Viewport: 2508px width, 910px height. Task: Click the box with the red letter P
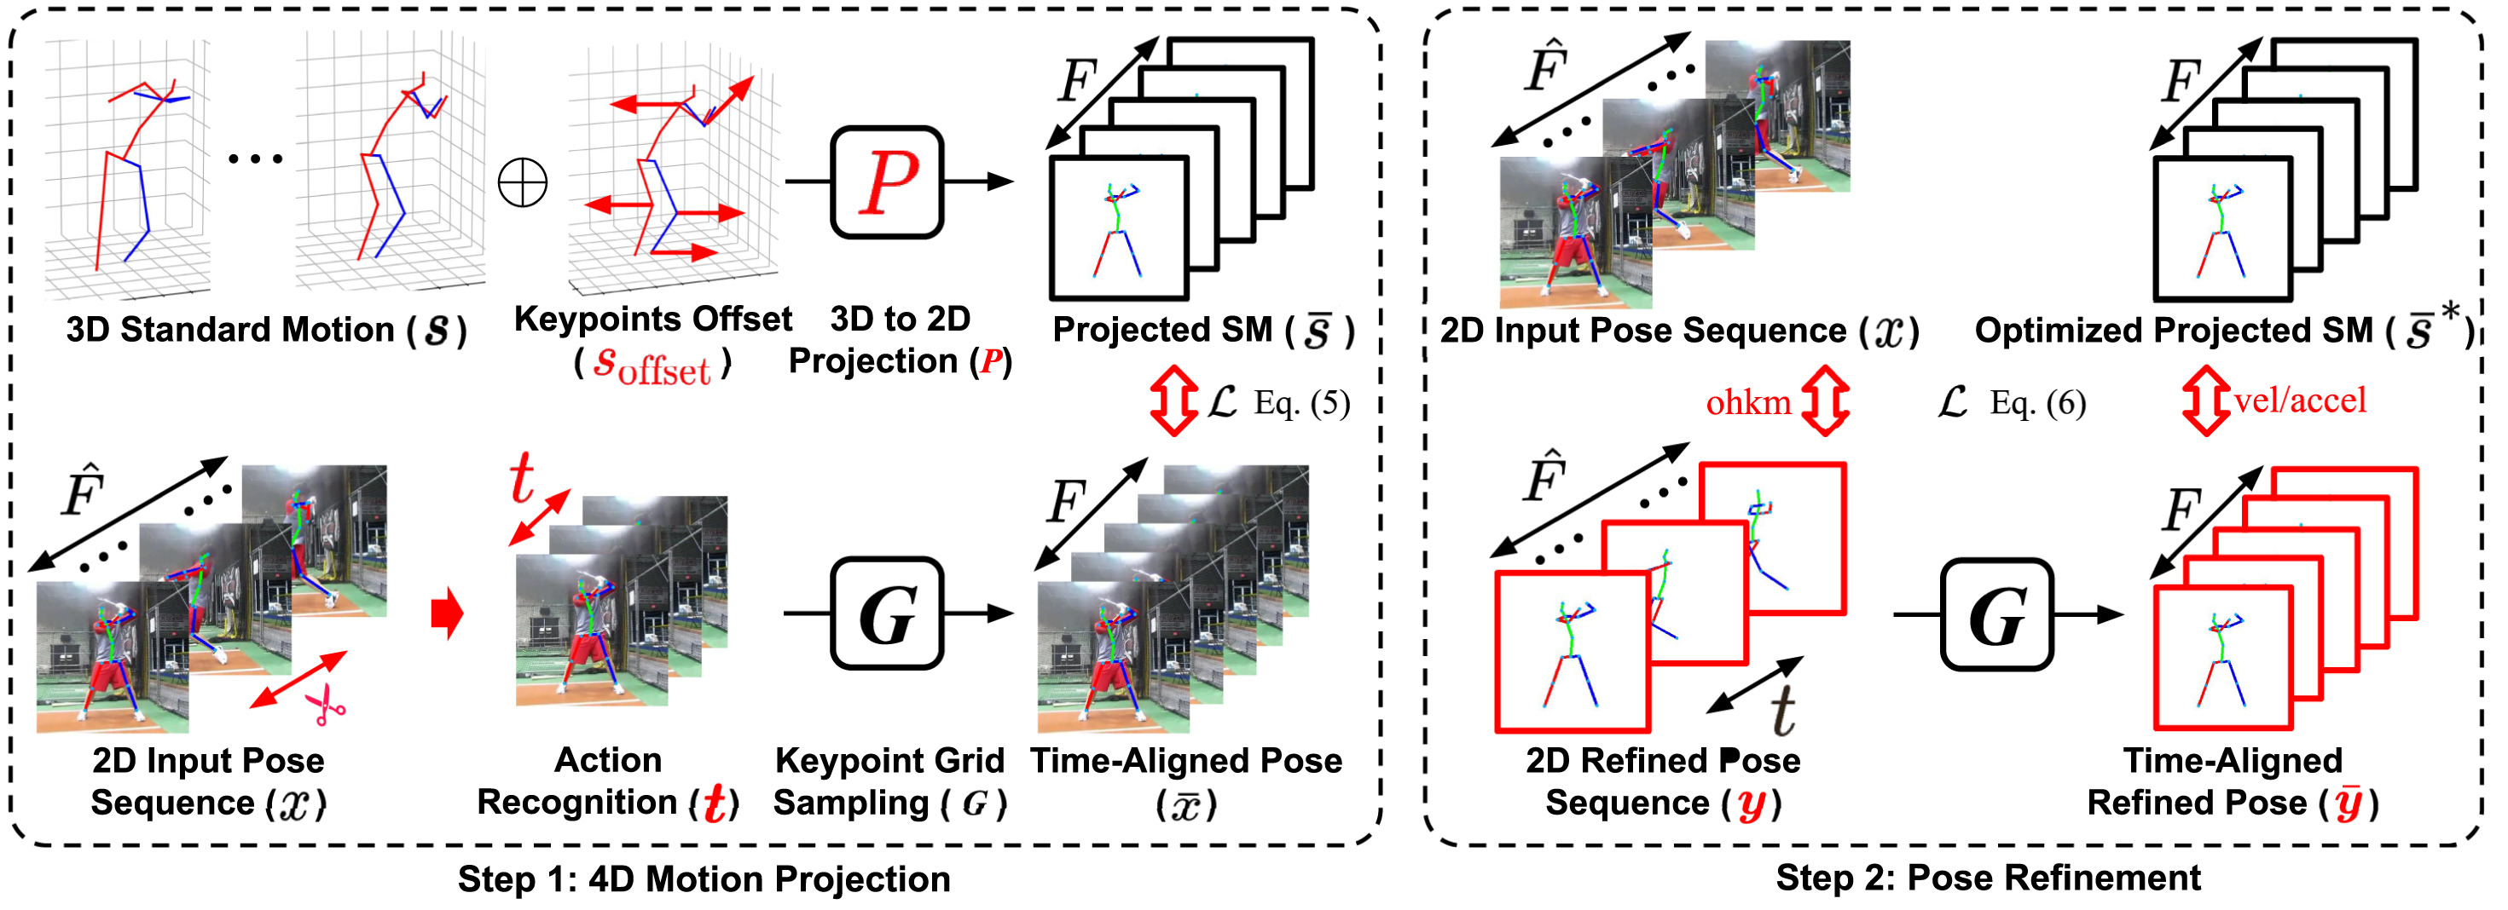coord(887,182)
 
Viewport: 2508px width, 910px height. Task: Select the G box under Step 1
coord(887,614)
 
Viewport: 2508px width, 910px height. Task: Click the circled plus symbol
coord(523,183)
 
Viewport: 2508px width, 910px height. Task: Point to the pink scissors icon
coord(326,706)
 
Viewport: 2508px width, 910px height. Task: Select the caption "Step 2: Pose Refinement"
coord(1988,878)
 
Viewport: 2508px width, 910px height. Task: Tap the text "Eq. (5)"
coord(1301,403)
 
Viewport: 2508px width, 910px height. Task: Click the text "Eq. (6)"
coord(2038,403)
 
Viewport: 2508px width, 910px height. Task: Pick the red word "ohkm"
coord(1747,402)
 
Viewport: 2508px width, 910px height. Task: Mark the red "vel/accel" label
coord(2300,400)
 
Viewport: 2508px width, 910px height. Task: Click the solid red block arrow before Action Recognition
coord(447,614)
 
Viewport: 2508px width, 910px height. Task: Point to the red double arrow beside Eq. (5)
coord(1173,400)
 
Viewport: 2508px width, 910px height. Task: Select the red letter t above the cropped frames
coord(523,478)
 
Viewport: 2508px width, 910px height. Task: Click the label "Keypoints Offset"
coord(652,320)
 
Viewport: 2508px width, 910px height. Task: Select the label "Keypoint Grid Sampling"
coord(888,781)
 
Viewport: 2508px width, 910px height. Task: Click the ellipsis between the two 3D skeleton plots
coord(255,158)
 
